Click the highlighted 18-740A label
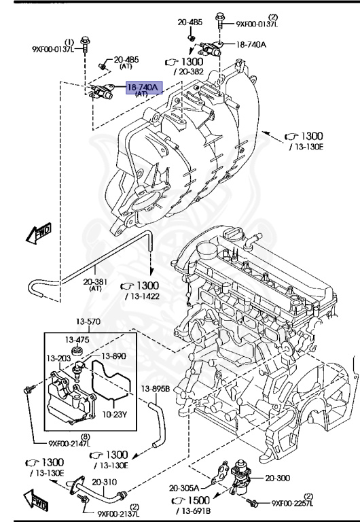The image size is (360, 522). (x=143, y=88)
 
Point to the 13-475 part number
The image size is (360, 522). (x=77, y=339)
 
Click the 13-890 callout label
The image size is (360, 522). (x=113, y=355)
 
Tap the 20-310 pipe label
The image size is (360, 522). (x=105, y=483)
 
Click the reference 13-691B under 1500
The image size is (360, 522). (x=196, y=510)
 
